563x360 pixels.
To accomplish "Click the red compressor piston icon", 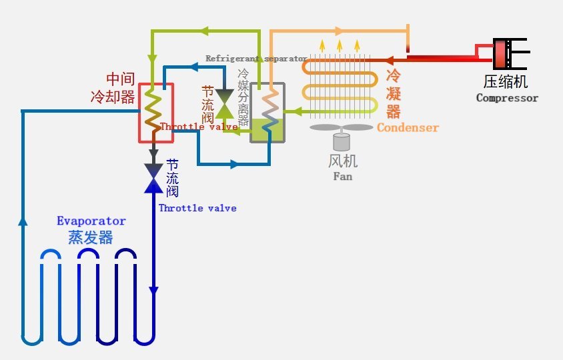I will click(502, 55).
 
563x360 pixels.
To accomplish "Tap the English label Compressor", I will click(507, 98).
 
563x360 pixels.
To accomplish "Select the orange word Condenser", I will click(408, 127).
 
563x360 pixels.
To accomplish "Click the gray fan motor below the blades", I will click(342, 141).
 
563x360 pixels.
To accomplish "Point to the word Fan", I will click(343, 177).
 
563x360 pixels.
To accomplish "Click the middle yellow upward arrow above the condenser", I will click(340, 45).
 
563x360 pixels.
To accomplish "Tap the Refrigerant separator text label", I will click(256, 59).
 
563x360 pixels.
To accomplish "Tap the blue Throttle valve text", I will click(197, 208).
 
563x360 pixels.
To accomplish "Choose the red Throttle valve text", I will click(199, 127).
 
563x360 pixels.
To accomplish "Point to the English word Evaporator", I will click(91, 221).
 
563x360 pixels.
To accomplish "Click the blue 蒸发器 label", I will click(90, 237).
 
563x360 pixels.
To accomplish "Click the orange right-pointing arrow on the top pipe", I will click(338, 31).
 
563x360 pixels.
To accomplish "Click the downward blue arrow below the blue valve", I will click(153, 291).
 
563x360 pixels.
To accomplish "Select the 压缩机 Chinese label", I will click(506, 82).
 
